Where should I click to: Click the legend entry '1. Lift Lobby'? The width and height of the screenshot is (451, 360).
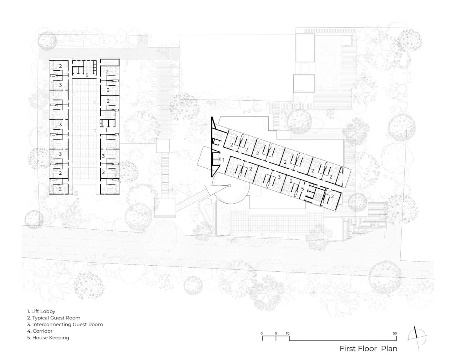(41, 312)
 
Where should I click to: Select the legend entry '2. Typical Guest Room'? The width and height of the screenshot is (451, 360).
(54, 318)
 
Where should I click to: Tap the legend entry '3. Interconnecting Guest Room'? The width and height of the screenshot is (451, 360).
(65, 325)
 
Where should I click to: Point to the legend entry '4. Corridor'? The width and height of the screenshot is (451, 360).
(40, 331)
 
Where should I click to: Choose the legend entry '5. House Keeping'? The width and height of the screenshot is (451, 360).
(48, 338)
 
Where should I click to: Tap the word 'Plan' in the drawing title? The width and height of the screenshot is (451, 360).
(389, 349)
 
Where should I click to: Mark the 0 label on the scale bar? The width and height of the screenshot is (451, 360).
(262, 333)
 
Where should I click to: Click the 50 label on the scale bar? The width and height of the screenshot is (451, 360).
(395, 333)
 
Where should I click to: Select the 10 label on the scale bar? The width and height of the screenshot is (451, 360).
(288, 333)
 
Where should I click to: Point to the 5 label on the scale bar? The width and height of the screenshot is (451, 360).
(276, 333)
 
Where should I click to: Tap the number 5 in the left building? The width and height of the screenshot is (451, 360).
(87, 75)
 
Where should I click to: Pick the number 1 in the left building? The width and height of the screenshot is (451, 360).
(106, 130)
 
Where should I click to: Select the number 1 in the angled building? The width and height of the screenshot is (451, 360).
(223, 160)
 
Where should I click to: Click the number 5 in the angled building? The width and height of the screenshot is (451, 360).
(303, 189)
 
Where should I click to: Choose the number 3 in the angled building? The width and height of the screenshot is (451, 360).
(279, 177)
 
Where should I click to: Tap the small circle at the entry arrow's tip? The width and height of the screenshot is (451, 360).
(230, 186)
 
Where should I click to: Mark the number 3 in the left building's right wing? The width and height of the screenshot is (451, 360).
(103, 156)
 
